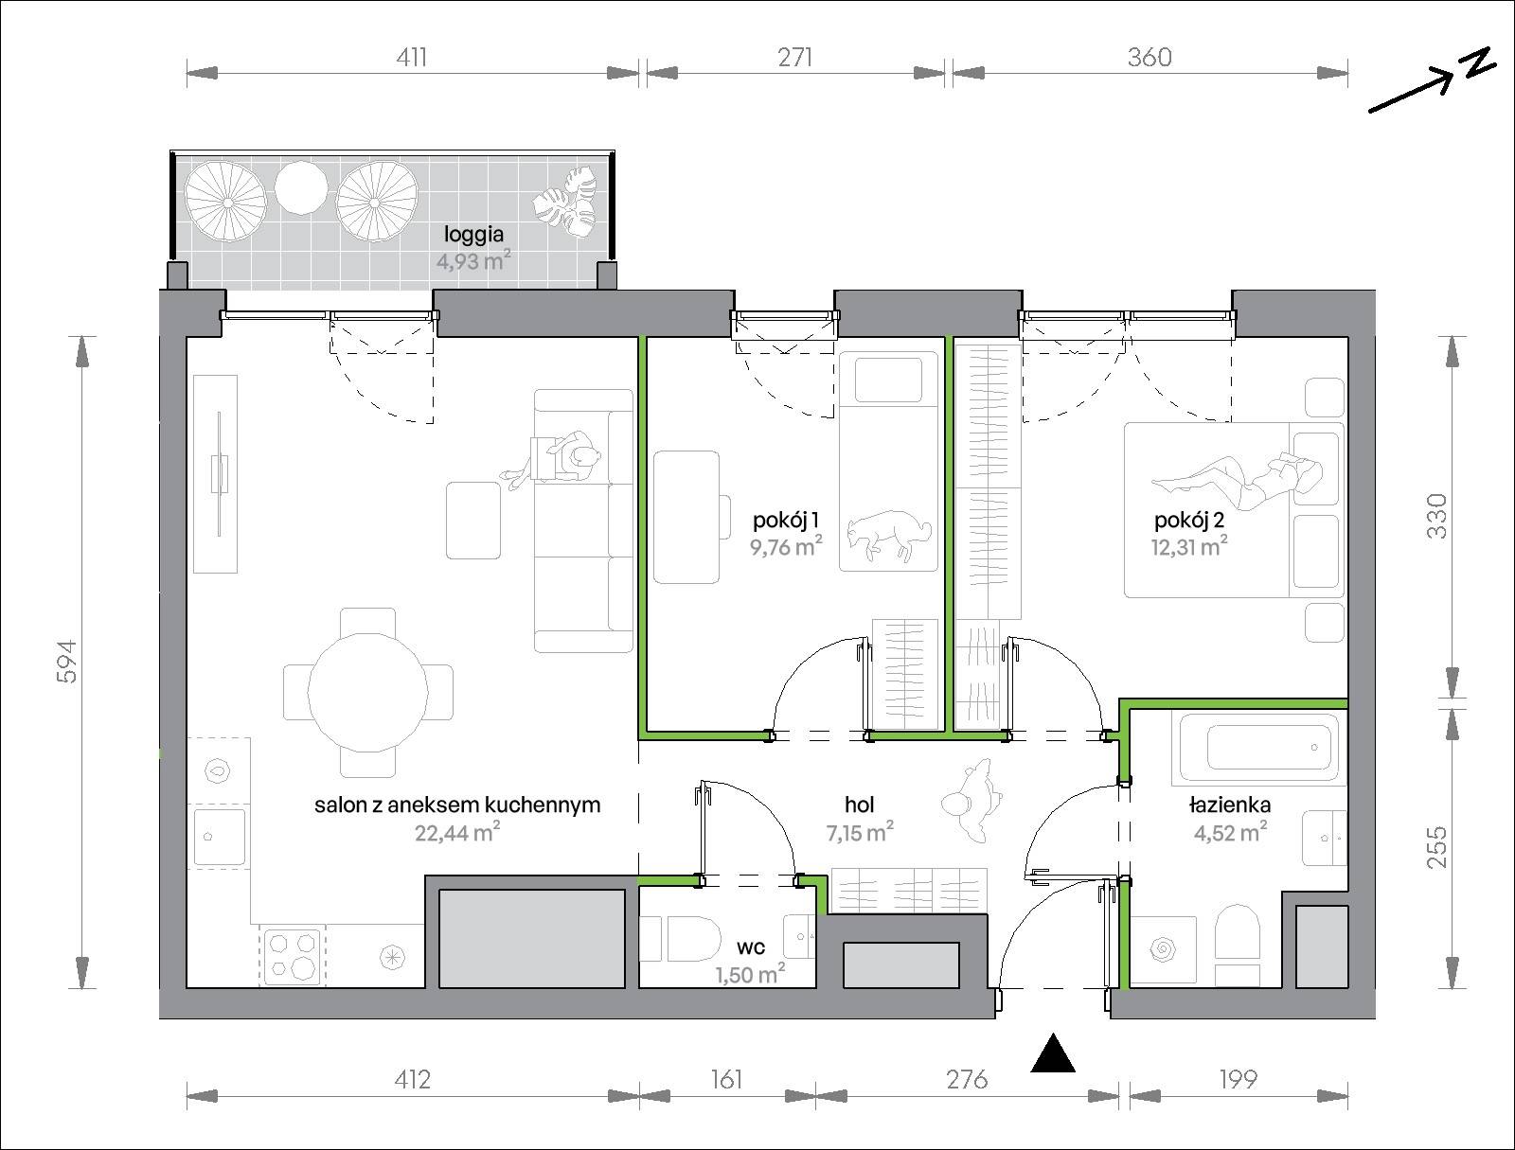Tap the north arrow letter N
pos(1478,64)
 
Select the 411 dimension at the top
pos(411,57)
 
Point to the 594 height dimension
pos(66,662)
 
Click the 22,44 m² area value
pos(457,833)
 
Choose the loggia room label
pos(473,235)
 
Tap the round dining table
pos(368,692)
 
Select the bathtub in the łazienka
pos(1259,750)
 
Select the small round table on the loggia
pos(301,187)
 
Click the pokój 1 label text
pos(786,521)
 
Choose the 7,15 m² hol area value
pos(860,832)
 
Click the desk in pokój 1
pos(686,518)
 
